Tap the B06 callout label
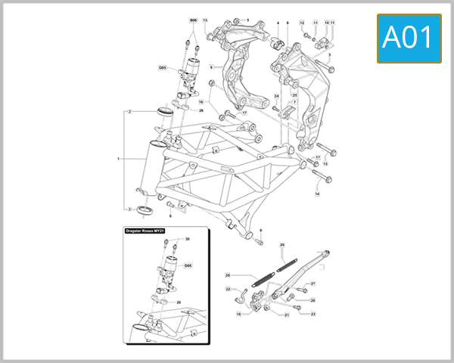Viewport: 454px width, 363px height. (x=192, y=20)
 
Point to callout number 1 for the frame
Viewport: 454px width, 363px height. (x=119, y=159)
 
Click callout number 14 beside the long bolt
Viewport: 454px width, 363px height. (x=317, y=194)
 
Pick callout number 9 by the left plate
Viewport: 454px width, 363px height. (x=211, y=67)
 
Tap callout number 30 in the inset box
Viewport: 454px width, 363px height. (x=188, y=239)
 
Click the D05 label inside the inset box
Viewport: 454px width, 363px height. (x=188, y=265)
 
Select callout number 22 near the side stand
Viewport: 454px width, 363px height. (x=228, y=289)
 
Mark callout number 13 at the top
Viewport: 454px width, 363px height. (x=204, y=20)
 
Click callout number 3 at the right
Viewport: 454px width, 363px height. (x=329, y=55)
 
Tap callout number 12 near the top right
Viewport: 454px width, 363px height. (x=302, y=23)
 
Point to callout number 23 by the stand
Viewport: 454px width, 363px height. (x=313, y=313)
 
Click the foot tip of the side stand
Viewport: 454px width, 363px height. (x=326, y=251)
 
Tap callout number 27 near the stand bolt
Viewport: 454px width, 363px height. (x=313, y=284)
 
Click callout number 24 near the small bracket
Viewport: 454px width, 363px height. (x=277, y=97)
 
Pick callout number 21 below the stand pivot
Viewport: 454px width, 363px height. (x=287, y=315)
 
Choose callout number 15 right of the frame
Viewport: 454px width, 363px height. (x=325, y=163)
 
